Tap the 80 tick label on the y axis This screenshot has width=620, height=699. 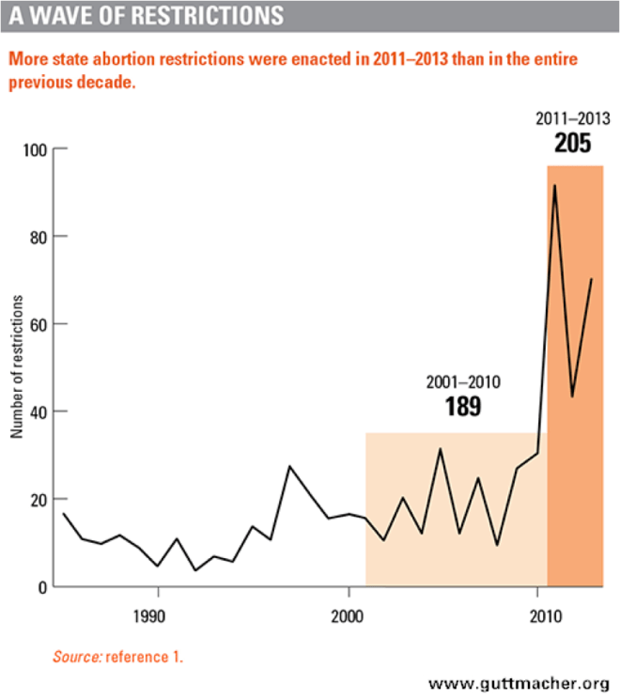38,238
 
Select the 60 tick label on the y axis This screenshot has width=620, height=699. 38,325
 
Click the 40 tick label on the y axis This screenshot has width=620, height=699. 38,412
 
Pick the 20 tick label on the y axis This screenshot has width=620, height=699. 38,500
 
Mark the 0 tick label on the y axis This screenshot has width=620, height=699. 41,587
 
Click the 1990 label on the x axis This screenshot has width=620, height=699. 158,616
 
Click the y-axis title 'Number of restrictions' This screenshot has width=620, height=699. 16,366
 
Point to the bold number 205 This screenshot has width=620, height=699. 574,143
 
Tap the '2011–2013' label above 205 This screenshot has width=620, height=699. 574,119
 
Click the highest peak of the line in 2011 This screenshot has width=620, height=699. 554,186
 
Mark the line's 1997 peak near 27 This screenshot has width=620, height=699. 289,466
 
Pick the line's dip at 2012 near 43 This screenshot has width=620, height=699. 573,396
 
